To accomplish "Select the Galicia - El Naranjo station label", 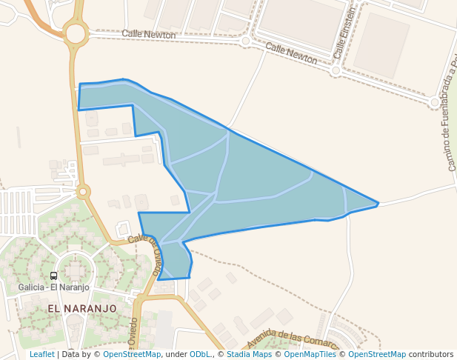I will pyautogui.click(x=53, y=287).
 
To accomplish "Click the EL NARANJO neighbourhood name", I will pyautogui.click(x=82, y=307).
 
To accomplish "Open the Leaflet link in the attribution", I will pyautogui.click(x=41, y=354).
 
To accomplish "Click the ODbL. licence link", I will pyautogui.click(x=201, y=354).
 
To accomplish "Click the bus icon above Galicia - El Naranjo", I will pyautogui.click(x=53, y=276).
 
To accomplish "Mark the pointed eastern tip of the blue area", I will pyautogui.click(x=378, y=203).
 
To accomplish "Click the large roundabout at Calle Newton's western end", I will pyautogui.click(x=75, y=33).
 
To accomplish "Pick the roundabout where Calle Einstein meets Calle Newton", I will pyautogui.click(x=336, y=71).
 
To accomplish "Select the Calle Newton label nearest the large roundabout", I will pyautogui.click(x=148, y=34).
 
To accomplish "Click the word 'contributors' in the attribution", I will pyautogui.click(x=430, y=354).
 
